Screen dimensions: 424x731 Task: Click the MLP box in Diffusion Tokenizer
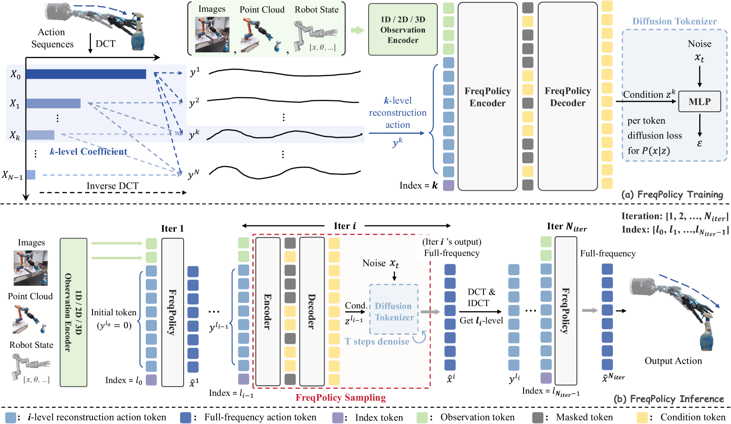pyautogui.click(x=699, y=102)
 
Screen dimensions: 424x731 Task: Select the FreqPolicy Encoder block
pyautogui.click(x=487, y=97)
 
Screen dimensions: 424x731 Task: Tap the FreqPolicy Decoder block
pyautogui.click(x=568, y=97)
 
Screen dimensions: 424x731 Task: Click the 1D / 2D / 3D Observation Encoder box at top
pyautogui.click(x=402, y=30)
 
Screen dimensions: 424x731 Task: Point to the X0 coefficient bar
pyautogui.click(x=86, y=74)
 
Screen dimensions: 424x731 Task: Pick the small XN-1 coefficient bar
pyautogui.click(x=31, y=175)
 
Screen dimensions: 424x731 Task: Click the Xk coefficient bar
pyautogui.click(x=40, y=135)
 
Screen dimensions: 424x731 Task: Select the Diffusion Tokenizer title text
pyautogui.click(x=674, y=21)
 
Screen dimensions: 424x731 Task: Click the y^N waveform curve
pyautogui.click(x=284, y=172)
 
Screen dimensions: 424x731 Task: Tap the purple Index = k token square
pyautogui.click(x=448, y=185)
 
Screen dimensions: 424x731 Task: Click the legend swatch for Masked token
pyautogui.click(x=538, y=417)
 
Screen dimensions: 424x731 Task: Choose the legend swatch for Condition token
pyautogui.click(x=642, y=417)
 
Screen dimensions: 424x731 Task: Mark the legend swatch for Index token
pyautogui.click(x=337, y=417)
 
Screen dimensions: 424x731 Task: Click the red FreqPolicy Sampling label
pyautogui.click(x=340, y=398)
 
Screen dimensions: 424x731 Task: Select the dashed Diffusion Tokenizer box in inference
pyautogui.click(x=394, y=309)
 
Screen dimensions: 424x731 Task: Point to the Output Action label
pyautogui.click(x=673, y=361)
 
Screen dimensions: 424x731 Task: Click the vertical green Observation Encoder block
pyautogui.click(x=74, y=312)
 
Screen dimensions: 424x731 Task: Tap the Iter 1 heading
pyautogui.click(x=172, y=229)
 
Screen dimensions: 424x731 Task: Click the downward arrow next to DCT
pyautogui.click(x=90, y=44)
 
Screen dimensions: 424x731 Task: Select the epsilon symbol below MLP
pyautogui.click(x=699, y=143)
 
